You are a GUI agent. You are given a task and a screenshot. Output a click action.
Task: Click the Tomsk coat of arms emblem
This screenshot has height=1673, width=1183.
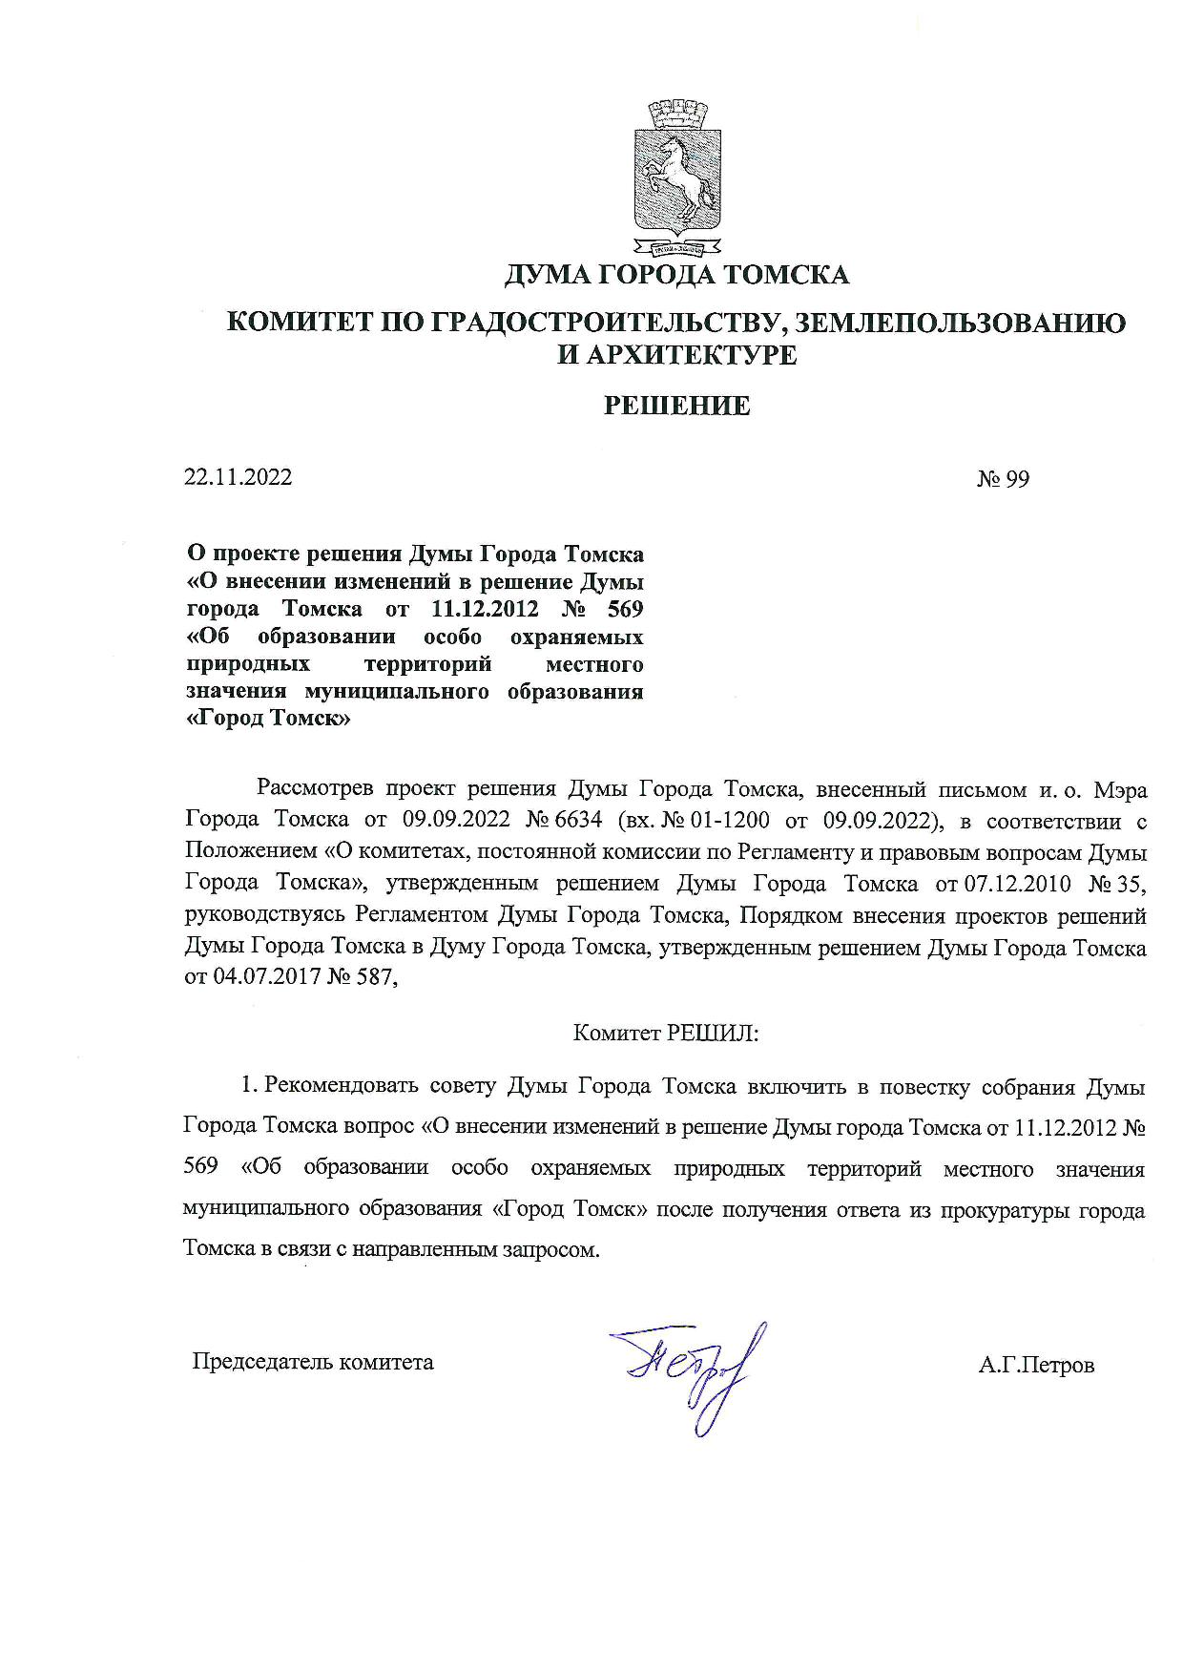pyautogui.click(x=675, y=177)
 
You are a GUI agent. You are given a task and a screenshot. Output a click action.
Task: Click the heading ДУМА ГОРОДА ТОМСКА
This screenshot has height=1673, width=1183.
pyautogui.click(x=676, y=275)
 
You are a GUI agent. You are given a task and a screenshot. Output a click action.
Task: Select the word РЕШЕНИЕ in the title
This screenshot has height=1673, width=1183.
pyautogui.click(x=677, y=406)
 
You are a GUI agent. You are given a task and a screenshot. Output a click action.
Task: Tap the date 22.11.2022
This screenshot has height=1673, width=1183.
pyautogui.click(x=238, y=477)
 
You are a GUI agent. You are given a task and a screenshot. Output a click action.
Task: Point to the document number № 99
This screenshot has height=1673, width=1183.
pyautogui.click(x=1003, y=479)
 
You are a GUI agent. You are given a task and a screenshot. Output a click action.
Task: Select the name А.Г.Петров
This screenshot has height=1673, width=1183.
pyautogui.click(x=1036, y=1366)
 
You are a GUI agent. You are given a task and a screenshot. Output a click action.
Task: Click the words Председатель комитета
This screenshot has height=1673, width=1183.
pyautogui.click(x=313, y=1362)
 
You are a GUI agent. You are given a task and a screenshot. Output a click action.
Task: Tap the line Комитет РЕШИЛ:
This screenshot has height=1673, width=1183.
pyautogui.click(x=665, y=1033)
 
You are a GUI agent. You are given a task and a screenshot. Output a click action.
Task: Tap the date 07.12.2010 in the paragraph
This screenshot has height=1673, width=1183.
pyautogui.click(x=1019, y=884)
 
